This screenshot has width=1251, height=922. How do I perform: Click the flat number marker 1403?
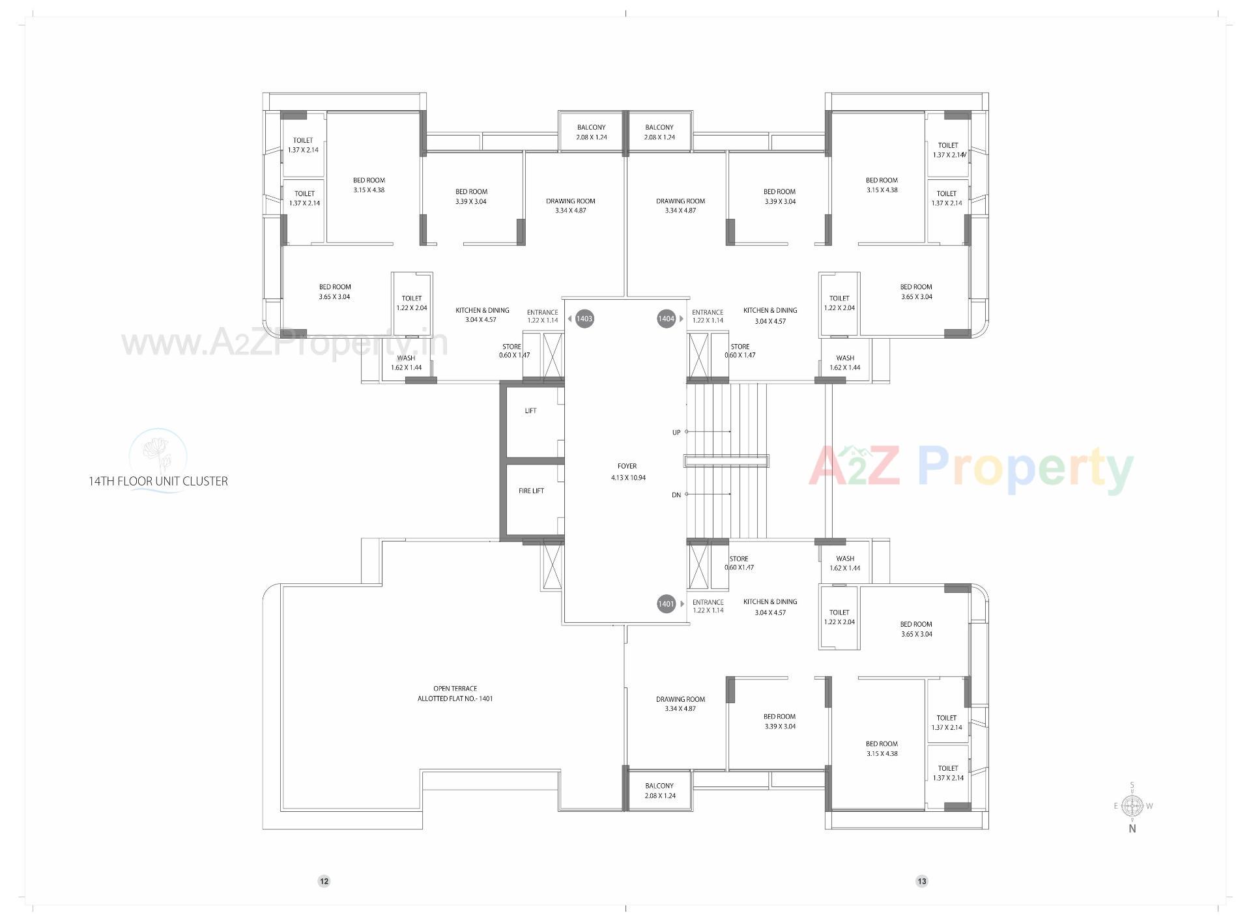(x=584, y=319)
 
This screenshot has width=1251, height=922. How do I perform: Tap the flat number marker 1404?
(x=666, y=319)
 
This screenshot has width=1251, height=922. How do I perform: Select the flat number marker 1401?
(x=666, y=604)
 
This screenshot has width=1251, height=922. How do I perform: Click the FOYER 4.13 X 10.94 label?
(x=627, y=472)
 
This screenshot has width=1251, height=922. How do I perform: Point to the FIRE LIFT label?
(x=531, y=491)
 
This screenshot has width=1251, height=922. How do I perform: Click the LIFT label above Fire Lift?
(x=530, y=411)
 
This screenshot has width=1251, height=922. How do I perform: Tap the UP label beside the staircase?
(x=676, y=433)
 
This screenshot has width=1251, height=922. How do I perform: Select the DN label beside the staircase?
(x=676, y=495)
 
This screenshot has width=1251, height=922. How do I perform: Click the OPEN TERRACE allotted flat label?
(x=455, y=693)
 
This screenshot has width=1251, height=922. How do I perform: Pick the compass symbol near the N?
(x=1132, y=806)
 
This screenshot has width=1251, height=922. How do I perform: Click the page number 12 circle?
(x=324, y=882)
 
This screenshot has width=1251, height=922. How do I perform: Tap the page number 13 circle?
(x=921, y=882)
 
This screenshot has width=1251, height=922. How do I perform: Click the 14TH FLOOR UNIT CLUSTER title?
(x=158, y=482)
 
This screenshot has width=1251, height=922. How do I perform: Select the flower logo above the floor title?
(x=158, y=453)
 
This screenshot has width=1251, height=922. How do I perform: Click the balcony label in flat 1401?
(x=659, y=790)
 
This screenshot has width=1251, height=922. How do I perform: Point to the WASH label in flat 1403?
(x=406, y=362)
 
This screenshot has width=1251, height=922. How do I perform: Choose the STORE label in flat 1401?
(x=739, y=563)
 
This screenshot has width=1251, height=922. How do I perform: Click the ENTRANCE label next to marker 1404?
(x=708, y=316)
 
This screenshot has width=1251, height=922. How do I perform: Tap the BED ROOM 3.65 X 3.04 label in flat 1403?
(x=335, y=291)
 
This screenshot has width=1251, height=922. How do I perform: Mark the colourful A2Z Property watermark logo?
(x=971, y=468)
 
